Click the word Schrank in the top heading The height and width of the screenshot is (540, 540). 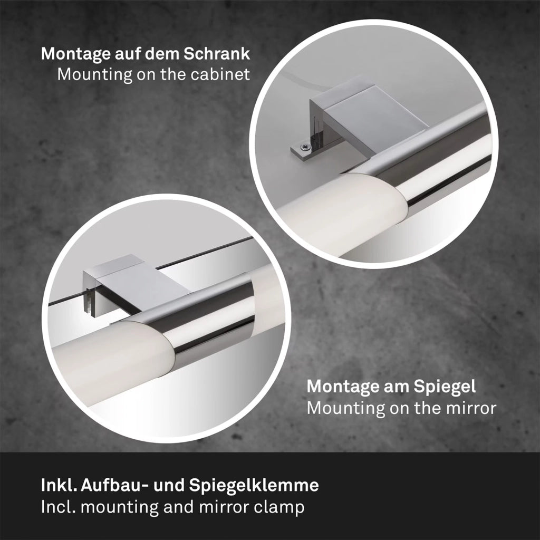click(x=217, y=54)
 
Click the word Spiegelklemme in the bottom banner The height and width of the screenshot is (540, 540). click(x=254, y=486)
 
